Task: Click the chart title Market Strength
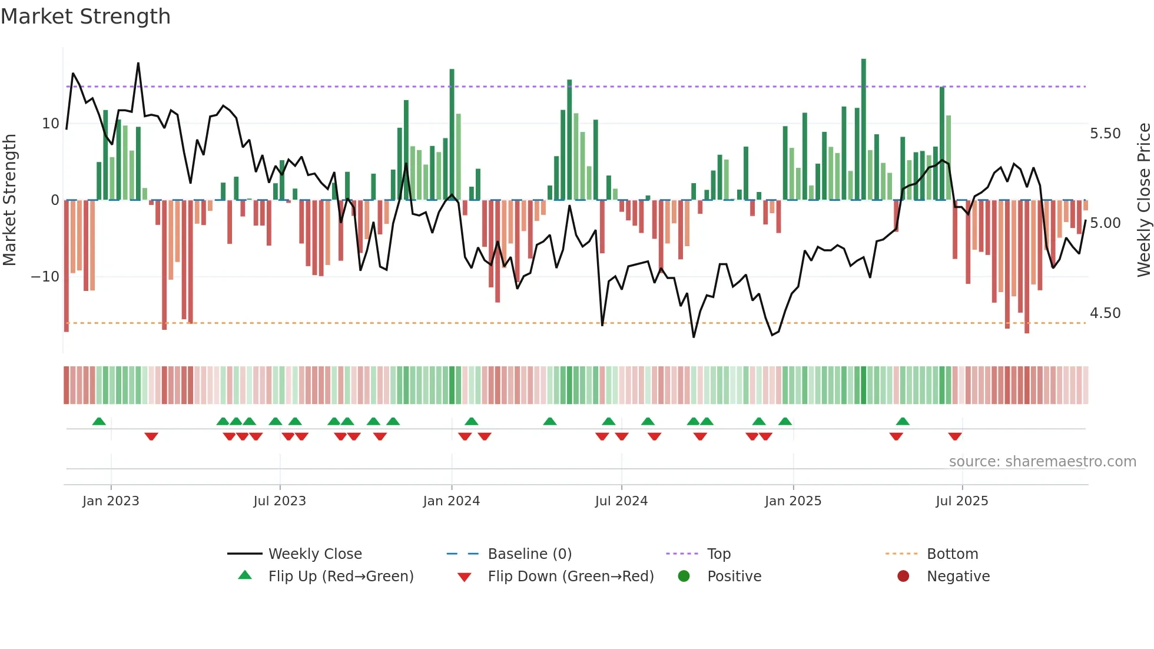pos(85,16)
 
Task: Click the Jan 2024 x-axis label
pos(451,501)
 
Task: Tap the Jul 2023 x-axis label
pos(280,501)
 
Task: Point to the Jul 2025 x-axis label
pos(961,501)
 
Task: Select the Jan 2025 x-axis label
pos(792,501)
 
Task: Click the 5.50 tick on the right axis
pos(1105,134)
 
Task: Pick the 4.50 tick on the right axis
pos(1105,313)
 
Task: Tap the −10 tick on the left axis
pos(45,277)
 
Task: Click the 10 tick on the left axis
pos(51,124)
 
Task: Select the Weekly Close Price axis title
pos(1143,200)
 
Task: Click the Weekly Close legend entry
pos(315,554)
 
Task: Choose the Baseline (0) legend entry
pos(529,554)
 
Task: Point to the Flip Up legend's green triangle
pos(245,575)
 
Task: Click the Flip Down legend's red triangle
pos(464,577)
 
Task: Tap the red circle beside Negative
pos(903,576)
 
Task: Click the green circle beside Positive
pos(684,576)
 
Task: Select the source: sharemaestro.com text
pos(1042,462)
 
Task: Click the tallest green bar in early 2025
pos(864,130)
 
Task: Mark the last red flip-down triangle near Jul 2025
pos(955,436)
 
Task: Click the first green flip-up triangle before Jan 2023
pos(99,421)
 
